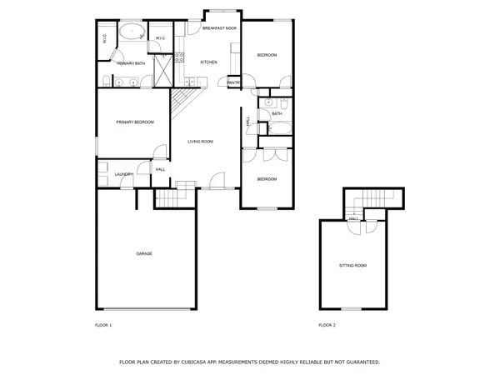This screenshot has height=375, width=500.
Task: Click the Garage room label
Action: pyautogui.click(x=144, y=253)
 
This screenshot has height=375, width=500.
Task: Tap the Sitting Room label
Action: pyautogui.click(x=352, y=265)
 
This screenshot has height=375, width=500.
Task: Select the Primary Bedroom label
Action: pyautogui.click(x=135, y=122)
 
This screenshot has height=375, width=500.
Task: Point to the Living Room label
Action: pyautogui.click(x=200, y=142)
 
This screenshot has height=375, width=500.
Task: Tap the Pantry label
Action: pyautogui.click(x=233, y=82)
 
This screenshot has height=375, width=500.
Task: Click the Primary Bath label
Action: pyautogui.click(x=130, y=63)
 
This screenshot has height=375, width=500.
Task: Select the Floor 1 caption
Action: pyautogui.click(x=104, y=324)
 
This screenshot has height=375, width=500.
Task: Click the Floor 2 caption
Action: pyautogui.click(x=327, y=324)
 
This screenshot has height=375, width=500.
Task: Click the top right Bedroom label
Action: pyautogui.click(x=267, y=55)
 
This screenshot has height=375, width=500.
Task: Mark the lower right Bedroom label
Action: pyautogui.click(x=267, y=179)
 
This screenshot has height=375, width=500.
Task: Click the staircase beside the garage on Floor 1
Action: pyautogui.click(x=169, y=200)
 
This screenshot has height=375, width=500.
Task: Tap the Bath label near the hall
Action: pyautogui.click(x=277, y=114)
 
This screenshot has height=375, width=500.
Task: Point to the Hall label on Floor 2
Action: pyautogui.click(x=353, y=218)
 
